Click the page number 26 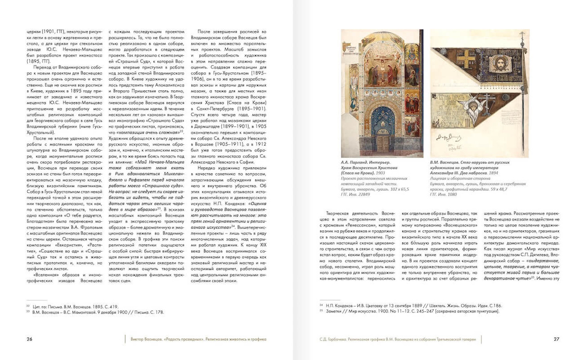pos(29,339)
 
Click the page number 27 pos(556,339)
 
